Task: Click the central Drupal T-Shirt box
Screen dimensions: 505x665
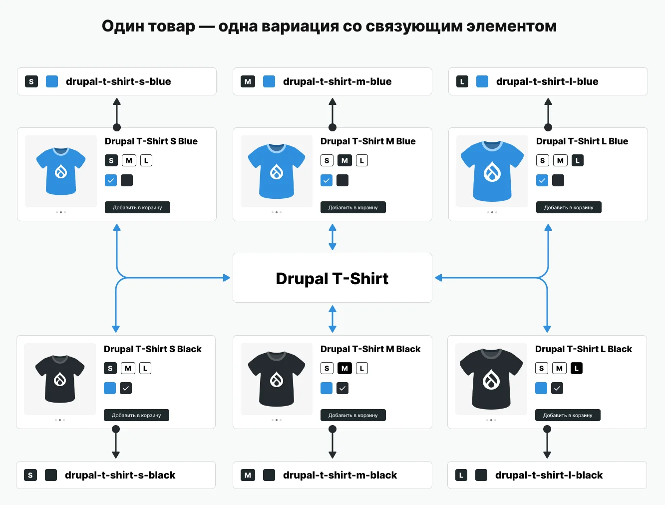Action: [332, 278]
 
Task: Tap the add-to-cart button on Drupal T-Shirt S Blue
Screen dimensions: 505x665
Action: [137, 207]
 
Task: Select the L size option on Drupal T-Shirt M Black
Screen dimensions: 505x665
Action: [361, 368]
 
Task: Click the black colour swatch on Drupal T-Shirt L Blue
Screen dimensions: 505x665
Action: [558, 180]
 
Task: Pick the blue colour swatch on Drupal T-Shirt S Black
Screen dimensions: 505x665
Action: [110, 388]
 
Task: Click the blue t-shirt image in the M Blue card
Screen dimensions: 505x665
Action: [277, 171]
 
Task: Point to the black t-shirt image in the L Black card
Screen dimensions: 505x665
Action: [491, 379]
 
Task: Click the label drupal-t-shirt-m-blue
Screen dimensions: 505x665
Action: [337, 81]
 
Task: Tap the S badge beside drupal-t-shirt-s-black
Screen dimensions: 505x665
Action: [30, 475]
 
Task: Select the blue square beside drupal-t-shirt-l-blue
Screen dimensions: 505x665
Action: [482, 81]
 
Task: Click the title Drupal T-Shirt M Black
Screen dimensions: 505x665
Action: [370, 349]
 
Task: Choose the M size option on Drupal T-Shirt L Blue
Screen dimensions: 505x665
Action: [560, 160]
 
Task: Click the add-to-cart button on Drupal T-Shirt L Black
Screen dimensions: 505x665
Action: [568, 415]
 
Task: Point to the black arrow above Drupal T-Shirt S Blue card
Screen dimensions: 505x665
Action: [117, 114]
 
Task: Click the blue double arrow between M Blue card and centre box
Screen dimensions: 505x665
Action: [332, 237]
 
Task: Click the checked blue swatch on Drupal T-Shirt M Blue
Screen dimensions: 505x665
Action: [327, 180]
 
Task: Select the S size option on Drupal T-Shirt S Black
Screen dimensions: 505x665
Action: [110, 368]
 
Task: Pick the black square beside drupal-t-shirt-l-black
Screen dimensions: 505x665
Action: [481, 475]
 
